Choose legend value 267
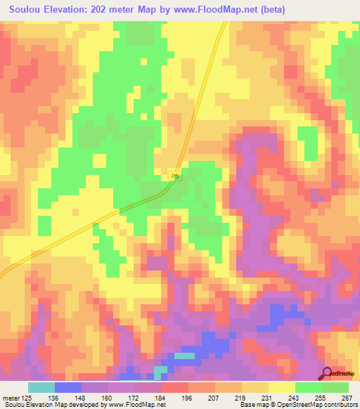[346, 396]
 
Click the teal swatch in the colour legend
[41, 387]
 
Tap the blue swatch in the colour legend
[68, 387]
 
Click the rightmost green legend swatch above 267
[335, 387]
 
